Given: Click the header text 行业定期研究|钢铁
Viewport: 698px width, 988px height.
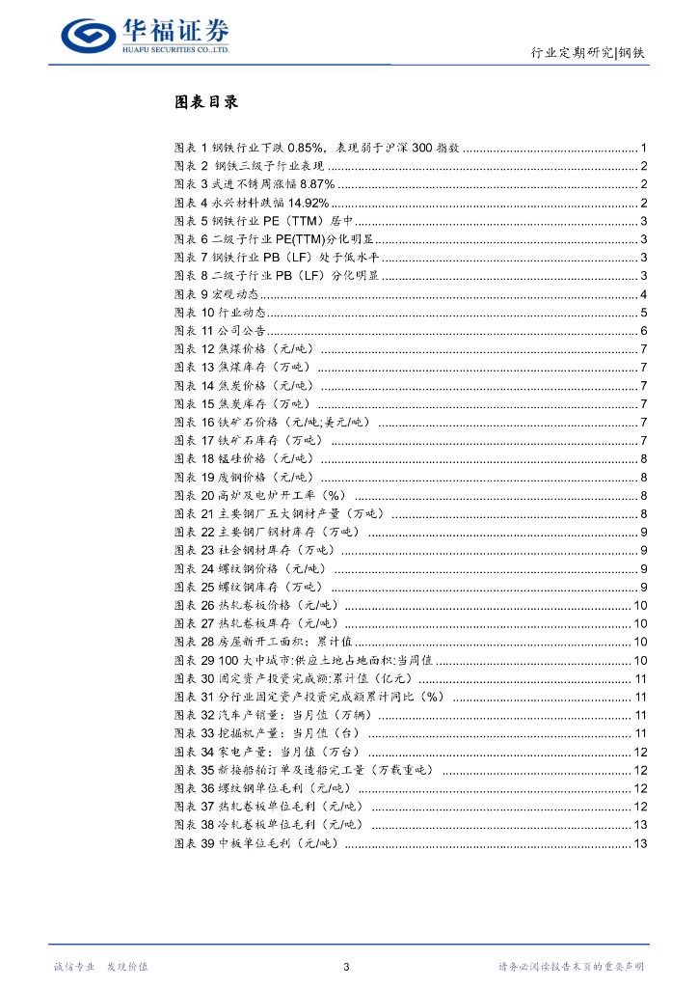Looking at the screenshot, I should coord(589,53).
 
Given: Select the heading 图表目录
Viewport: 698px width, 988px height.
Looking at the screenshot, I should coord(205,102).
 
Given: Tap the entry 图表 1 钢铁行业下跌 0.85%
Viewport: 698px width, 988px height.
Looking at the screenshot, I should coord(318,148).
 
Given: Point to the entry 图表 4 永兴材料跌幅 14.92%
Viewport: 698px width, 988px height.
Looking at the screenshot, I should coord(252,203).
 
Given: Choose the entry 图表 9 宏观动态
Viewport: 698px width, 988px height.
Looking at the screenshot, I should coord(217,294).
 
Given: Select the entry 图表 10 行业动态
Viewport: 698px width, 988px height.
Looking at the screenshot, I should coord(220,313).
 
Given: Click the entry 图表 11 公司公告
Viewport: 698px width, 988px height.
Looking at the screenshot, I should coord(220,331).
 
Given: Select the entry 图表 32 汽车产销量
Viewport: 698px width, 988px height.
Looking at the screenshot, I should coord(274,715).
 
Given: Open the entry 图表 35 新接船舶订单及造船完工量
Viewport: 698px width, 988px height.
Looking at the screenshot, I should coord(305,770).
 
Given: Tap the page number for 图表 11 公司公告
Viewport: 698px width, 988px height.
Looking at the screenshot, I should coord(643,331).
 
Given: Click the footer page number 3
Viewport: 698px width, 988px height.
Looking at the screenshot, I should coord(347,966).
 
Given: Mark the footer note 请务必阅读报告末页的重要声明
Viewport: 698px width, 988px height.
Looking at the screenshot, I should coord(571,966).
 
